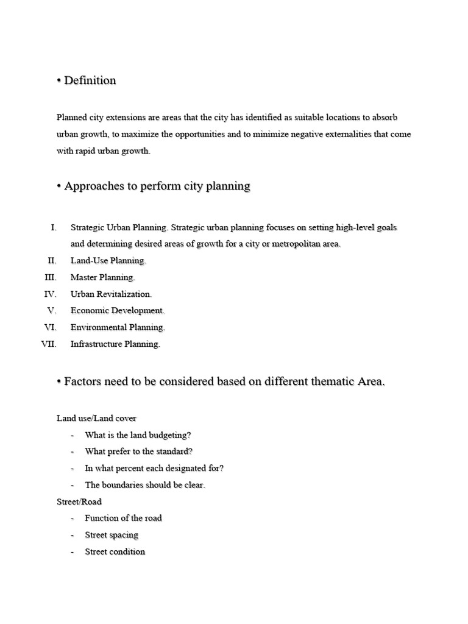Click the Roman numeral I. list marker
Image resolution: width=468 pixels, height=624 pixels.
coord(54,227)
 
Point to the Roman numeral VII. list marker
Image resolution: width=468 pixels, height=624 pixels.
coord(49,344)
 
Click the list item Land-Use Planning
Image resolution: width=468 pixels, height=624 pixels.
coord(108,261)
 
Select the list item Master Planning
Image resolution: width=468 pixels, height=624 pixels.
coord(102,278)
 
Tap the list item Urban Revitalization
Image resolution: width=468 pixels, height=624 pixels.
coord(111,294)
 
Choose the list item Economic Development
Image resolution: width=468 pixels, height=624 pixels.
coord(117,311)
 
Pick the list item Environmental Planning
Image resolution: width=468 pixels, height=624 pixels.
coord(118,328)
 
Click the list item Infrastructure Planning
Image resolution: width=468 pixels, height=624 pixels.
coord(115,344)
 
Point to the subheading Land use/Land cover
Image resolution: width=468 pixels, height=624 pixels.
coord(96,418)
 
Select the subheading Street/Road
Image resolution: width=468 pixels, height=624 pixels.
coord(79,502)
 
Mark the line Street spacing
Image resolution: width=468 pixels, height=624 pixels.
coord(112,535)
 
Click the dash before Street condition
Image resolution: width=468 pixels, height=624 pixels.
coord(73,552)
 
